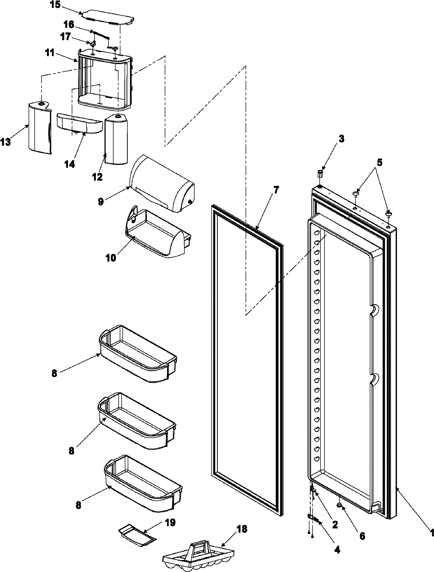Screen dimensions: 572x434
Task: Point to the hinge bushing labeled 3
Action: (x=320, y=173)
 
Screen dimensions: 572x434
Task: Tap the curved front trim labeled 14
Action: (x=80, y=123)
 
